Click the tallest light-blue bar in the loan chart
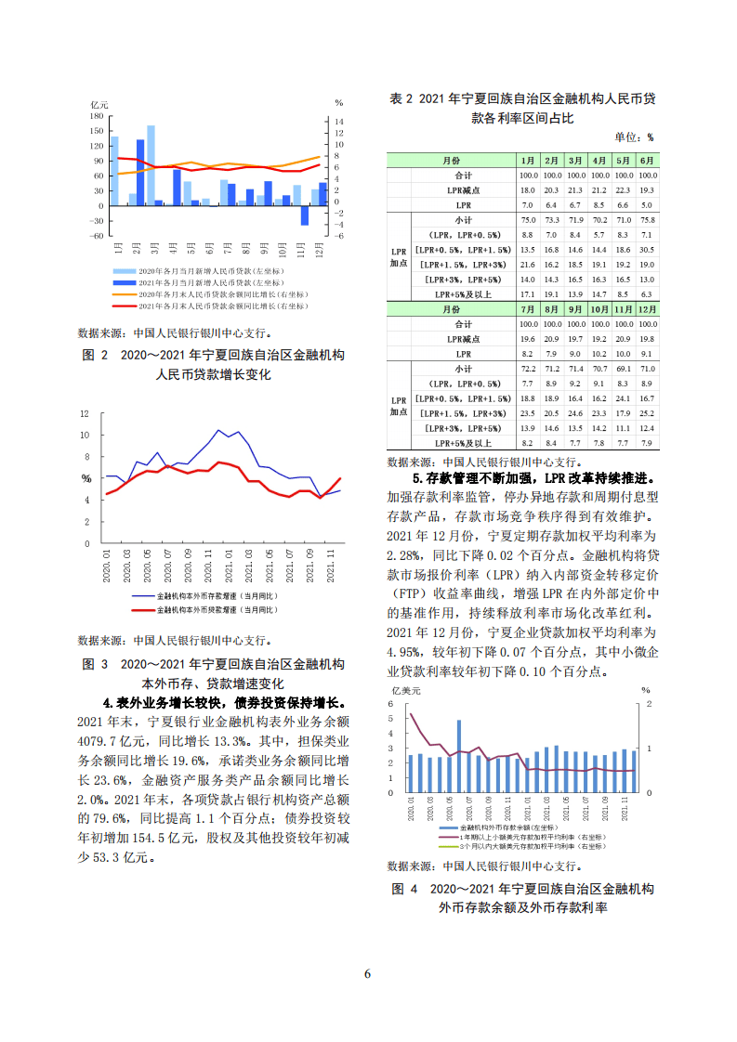click(x=151, y=164)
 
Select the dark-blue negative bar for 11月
click(x=304, y=215)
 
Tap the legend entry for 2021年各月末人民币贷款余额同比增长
click(x=223, y=305)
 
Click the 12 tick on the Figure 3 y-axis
click(x=85, y=413)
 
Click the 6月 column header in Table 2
click(x=648, y=160)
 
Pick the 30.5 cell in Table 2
click(x=648, y=250)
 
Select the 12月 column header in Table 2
click(x=648, y=308)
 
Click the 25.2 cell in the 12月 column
click(x=648, y=412)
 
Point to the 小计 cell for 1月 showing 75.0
click(x=528, y=219)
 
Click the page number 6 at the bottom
click(x=368, y=974)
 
